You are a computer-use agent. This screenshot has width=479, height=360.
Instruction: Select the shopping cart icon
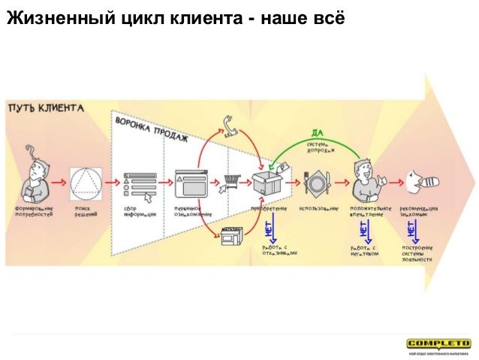[x=230, y=181]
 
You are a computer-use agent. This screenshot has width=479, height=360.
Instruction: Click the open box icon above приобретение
[x=269, y=182]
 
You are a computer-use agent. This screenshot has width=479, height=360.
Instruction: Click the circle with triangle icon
[x=86, y=182]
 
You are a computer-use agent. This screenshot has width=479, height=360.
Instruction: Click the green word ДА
[x=318, y=133]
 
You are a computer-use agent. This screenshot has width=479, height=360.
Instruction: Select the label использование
[x=318, y=207]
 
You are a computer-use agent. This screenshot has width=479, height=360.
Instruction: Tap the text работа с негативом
[x=364, y=250]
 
